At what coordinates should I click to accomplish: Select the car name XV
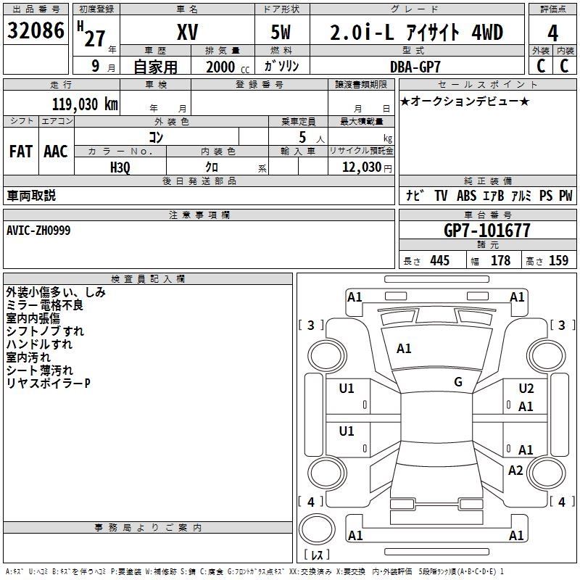187,33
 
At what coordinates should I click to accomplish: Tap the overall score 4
552,33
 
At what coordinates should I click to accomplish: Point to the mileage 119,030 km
85,104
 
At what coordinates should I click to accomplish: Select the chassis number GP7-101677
486,231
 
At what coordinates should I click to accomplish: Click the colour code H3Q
120,167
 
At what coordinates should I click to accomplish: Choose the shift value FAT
20,151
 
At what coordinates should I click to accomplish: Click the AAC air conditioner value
55,151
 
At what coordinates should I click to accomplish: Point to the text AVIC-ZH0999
38,230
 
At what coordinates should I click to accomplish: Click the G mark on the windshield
457,382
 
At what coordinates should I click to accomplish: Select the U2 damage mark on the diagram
526,389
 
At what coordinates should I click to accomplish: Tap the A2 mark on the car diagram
515,471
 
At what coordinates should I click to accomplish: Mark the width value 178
500,260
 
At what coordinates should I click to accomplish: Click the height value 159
558,260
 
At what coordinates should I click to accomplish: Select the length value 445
439,260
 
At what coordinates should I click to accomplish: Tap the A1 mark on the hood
404,349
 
